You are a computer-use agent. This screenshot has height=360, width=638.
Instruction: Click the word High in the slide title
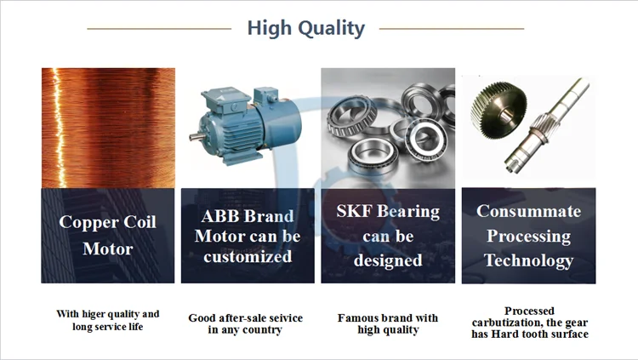coord(270,28)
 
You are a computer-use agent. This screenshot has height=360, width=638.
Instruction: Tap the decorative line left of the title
coord(159,29)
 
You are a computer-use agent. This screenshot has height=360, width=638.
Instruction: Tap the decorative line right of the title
coord(452,29)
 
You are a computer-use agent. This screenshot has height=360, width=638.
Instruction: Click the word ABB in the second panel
coord(219,216)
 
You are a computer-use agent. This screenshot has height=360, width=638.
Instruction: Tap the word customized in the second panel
coord(248,256)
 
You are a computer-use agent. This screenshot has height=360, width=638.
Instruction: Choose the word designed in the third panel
coord(388,260)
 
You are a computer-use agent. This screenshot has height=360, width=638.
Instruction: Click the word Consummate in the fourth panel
coord(528,211)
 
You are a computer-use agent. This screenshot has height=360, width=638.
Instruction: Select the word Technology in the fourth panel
coord(528,260)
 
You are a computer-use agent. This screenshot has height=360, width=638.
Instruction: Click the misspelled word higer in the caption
coord(93,314)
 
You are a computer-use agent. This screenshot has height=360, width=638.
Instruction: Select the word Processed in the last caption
coord(529,311)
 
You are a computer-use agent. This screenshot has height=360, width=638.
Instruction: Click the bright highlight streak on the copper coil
coord(60,127)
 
